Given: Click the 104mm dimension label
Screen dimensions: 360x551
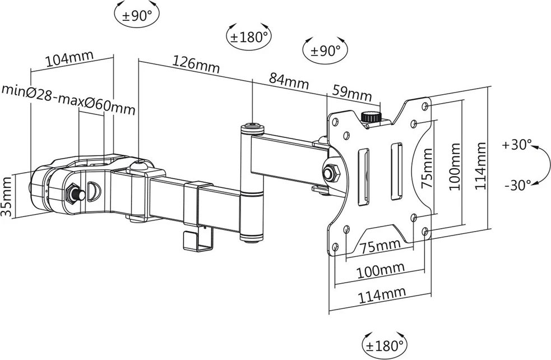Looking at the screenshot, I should click(69, 59).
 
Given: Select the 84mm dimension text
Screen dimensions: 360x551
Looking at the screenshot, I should click(289, 81).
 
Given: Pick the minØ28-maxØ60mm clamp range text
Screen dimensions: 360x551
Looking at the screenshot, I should click(68, 99).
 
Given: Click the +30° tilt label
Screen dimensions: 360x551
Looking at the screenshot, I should click(516, 145).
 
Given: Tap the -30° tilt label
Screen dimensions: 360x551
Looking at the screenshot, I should click(516, 185).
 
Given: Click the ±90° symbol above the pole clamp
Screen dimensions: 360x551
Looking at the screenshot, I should click(137, 15).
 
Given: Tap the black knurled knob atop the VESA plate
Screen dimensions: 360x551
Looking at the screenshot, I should click(369, 118).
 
